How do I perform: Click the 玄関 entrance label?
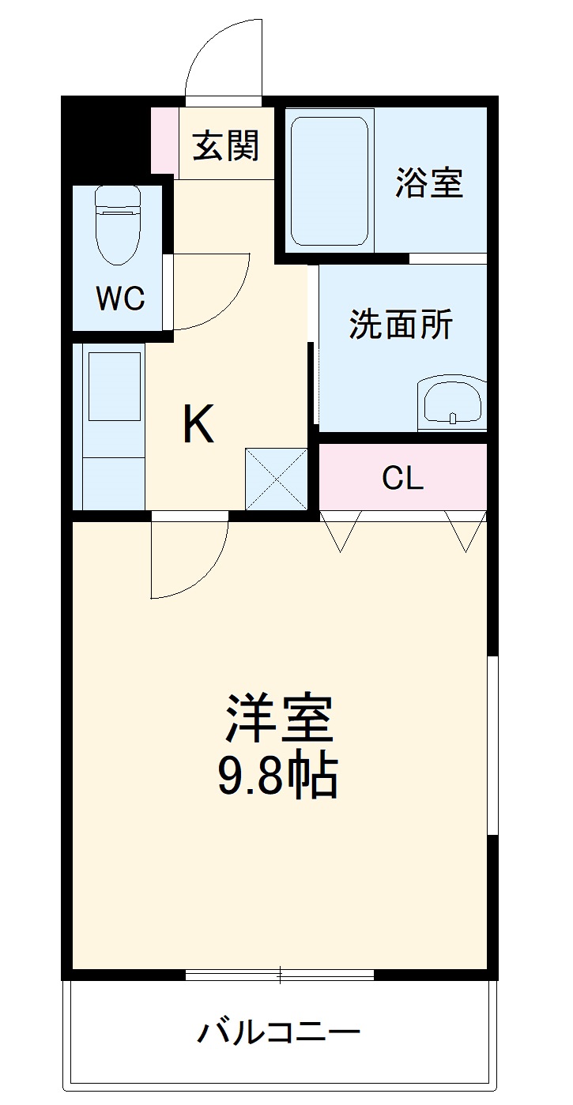[x=226, y=145]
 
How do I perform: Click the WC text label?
[x=120, y=298]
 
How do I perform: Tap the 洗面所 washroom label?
[x=401, y=324]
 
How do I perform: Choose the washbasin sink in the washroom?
[x=451, y=402]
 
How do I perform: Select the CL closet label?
[x=402, y=479]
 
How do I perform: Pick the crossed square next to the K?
[x=276, y=479]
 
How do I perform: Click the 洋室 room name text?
[x=279, y=717]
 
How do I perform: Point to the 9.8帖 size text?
[x=277, y=777]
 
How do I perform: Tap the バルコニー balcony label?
[x=279, y=1032]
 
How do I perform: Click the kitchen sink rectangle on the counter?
[x=115, y=386]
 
